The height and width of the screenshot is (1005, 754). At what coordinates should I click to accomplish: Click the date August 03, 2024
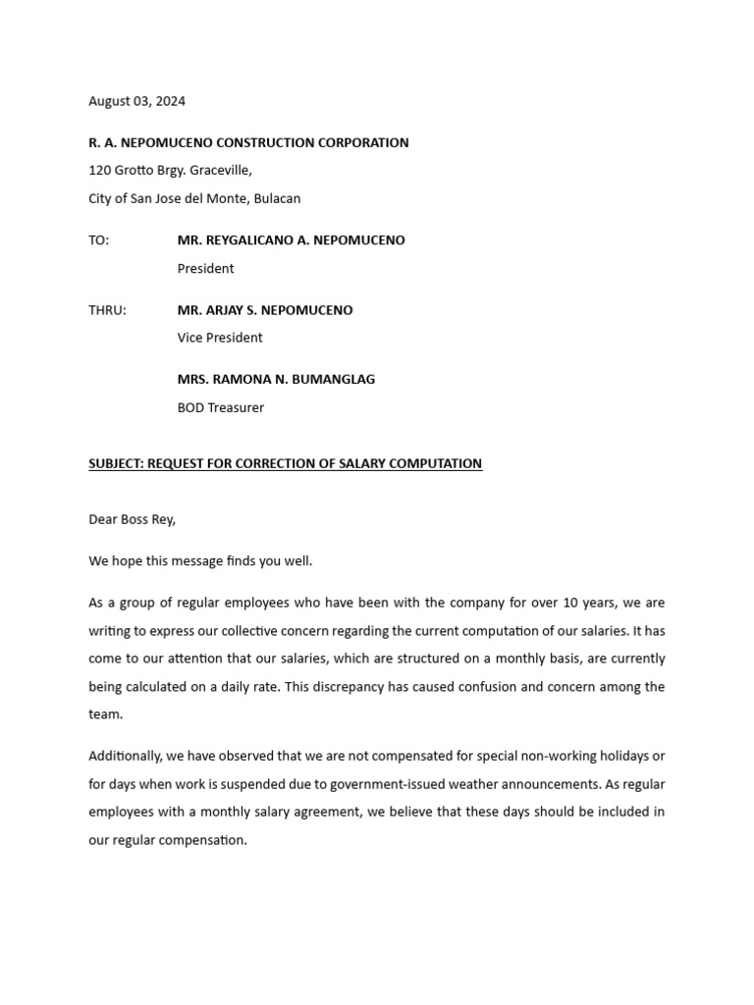click(x=136, y=101)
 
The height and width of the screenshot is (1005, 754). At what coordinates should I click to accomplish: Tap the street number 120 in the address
click(x=99, y=170)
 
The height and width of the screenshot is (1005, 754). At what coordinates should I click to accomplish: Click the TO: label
click(x=99, y=240)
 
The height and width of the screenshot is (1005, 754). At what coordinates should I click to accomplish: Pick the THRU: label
click(x=107, y=310)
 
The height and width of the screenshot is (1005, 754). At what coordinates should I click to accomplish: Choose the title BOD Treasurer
click(x=220, y=407)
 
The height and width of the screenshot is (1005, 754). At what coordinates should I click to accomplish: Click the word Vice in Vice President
click(x=190, y=338)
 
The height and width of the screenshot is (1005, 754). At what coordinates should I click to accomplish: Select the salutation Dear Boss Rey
click(x=132, y=519)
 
